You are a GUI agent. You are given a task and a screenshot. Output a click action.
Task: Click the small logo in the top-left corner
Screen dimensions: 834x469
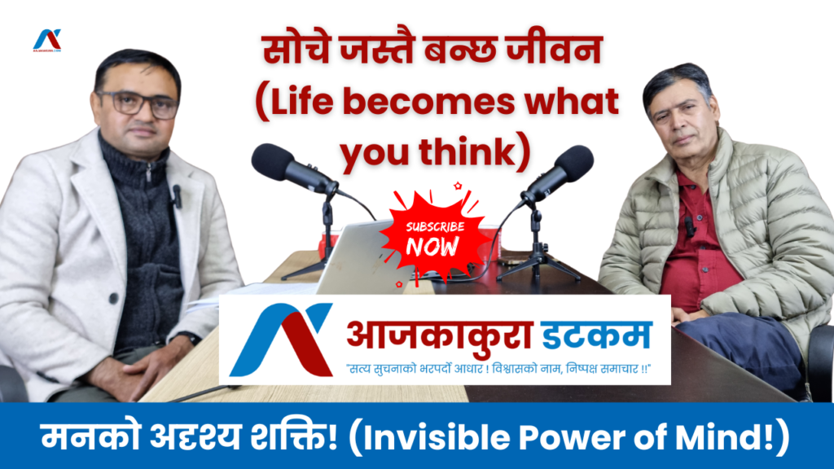coord(47,41)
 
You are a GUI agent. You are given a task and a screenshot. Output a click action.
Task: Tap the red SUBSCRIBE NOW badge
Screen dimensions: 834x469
coord(433,237)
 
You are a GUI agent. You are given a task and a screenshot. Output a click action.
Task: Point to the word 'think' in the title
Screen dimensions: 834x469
coord(467,152)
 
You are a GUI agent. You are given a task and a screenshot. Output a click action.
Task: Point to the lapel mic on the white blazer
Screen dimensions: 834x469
coord(177,196)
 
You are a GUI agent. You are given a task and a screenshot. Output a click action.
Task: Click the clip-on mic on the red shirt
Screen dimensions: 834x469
coord(689,227)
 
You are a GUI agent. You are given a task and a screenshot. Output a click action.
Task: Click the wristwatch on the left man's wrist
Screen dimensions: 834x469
coord(189,338)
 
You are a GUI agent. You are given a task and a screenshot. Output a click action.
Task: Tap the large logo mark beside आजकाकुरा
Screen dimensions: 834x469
coord(281,340)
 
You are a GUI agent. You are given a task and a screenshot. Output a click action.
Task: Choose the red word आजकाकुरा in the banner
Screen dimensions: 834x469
coord(440,335)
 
